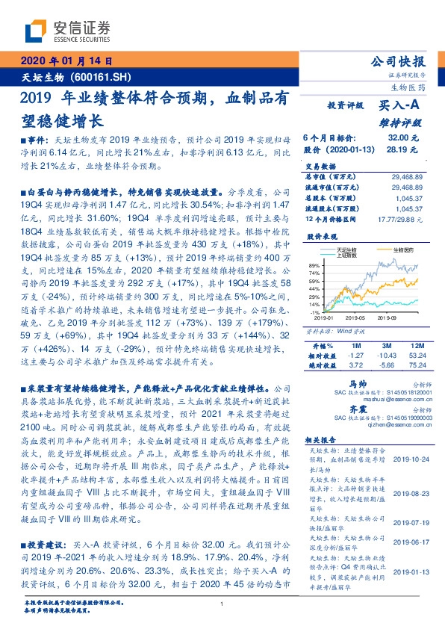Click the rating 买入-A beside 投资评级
[399, 107]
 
